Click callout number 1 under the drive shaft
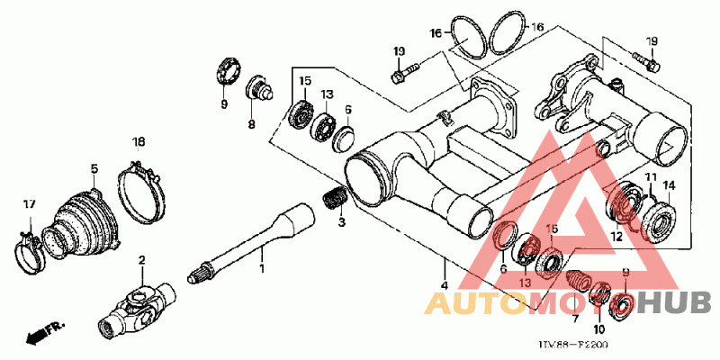262,269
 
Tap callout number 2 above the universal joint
141,260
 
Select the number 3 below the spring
341,221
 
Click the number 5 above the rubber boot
94,168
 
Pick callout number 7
575,318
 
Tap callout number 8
252,124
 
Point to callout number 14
669,186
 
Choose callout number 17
28,205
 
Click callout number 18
139,142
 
